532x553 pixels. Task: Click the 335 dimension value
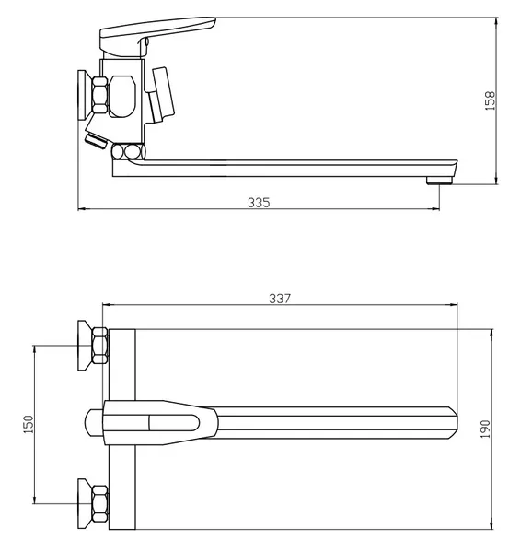coord(259,203)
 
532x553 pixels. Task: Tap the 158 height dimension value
coord(490,100)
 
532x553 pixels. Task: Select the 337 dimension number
coord(280,299)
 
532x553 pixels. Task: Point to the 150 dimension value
coord(29,424)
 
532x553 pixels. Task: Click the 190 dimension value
coord(485,429)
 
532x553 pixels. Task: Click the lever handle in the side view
coord(157,35)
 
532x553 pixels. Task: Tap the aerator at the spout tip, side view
coord(439,181)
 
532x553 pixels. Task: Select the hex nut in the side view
coord(100,95)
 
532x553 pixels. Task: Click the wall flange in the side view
coord(85,95)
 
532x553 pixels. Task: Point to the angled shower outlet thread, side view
coord(96,141)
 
